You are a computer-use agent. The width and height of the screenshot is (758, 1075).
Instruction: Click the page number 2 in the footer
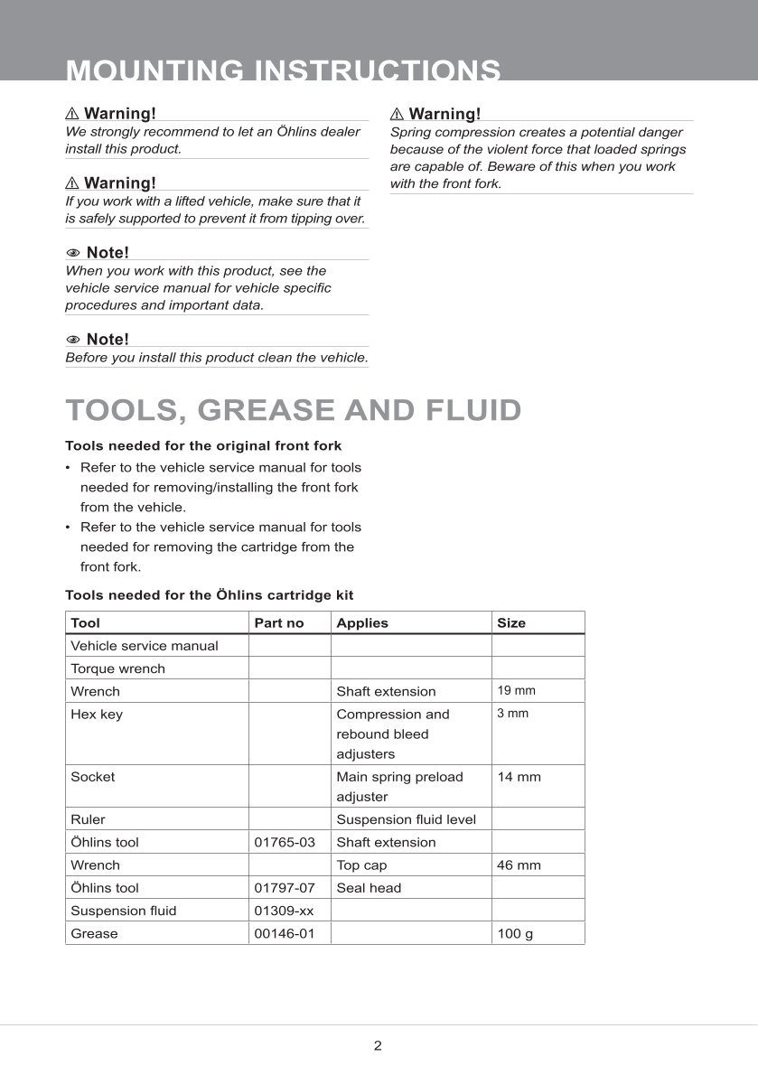pyautogui.click(x=378, y=1046)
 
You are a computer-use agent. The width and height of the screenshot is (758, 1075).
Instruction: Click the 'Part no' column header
pyautogui.click(x=279, y=623)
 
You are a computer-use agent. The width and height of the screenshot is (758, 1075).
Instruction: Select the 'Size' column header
pyautogui.click(x=510, y=623)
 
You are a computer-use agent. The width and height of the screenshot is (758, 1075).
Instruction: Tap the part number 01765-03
pyautogui.click(x=285, y=842)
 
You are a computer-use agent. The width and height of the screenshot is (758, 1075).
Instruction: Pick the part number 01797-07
pyautogui.click(x=285, y=888)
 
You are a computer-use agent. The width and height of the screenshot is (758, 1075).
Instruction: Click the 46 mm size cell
pyautogui.click(x=519, y=865)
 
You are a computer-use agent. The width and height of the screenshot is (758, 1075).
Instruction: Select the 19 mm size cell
pyautogui.click(x=516, y=691)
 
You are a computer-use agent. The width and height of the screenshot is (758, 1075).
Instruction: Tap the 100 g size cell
pyautogui.click(x=515, y=933)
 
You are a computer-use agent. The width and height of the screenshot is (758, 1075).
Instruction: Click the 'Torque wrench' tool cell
pyautogui.click(x=117, y=668)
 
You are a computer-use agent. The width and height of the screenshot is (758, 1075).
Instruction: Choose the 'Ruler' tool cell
pyautogui.click(x=88, y=819)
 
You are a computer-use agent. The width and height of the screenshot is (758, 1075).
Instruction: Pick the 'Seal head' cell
pyautogui.click(x=369, y=888)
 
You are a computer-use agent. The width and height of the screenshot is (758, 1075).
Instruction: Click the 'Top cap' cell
pyautogui.click(x=361, y=865)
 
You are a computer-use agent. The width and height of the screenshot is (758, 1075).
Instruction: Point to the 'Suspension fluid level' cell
pyautogui.click(x=406, y=819)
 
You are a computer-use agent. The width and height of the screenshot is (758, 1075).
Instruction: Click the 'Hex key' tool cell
pyautogui.click(x=97, y=715)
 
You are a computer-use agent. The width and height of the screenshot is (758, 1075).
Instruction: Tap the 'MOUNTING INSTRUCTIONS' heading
pyautogui.click(x=283, y=70)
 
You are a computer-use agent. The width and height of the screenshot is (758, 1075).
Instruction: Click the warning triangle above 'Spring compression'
pyautogui.click(x=397, y=114)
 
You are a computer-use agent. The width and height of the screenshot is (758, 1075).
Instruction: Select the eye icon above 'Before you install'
pyautogui.click(x=73, y=340)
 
